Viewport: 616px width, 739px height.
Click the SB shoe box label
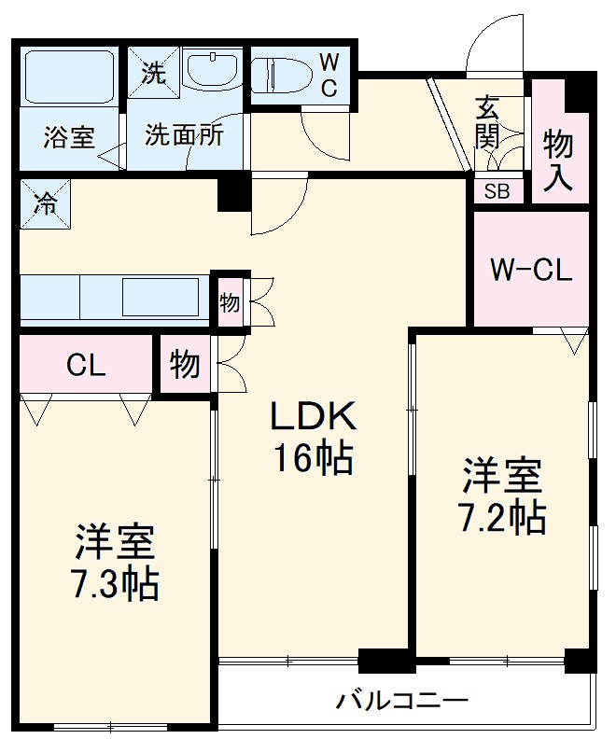497,193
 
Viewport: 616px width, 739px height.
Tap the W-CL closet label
530,272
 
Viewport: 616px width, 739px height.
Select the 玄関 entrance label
487,122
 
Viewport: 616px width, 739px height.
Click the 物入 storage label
559,159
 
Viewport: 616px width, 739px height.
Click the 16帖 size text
313,458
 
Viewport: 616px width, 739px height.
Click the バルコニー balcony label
402,700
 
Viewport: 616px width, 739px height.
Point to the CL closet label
85,365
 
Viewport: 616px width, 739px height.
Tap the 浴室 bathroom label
68,136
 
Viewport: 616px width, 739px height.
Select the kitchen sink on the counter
160,298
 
